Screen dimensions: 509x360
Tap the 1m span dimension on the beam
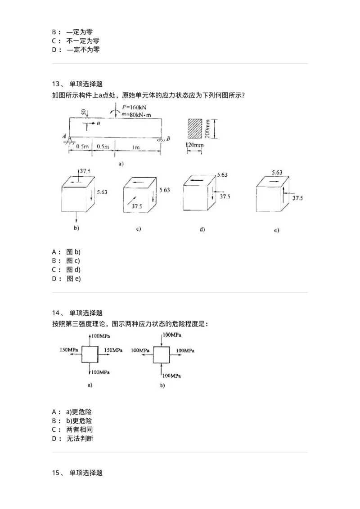(x=135, y=147)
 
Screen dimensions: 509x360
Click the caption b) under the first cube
(x=76, y=228)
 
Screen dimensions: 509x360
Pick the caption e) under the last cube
(x=276, y=230)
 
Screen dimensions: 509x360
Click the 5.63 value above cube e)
(x=277, y=172)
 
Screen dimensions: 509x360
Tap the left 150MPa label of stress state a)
(x=69, y=349)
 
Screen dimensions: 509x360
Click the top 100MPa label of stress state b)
(x=172, y=335)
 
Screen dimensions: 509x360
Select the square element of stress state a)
(x=90, y=354)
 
